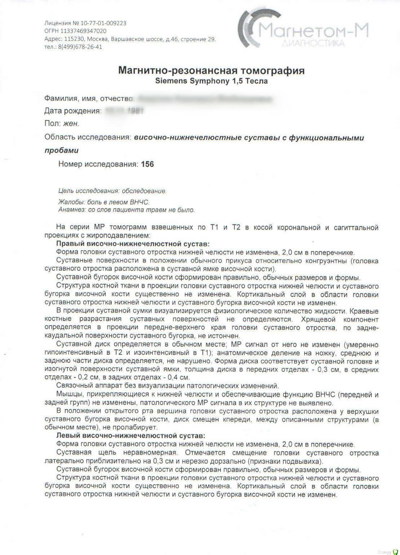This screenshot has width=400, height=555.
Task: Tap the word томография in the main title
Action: point(273,70)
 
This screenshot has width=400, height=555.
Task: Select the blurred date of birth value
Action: point(124,111)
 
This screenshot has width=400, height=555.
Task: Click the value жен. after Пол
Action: point(71,124)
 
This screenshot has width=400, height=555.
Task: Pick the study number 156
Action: point(147,164)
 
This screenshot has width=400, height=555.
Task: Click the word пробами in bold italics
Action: point(62,150)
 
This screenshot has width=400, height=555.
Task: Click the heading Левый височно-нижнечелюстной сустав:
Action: point(131,436)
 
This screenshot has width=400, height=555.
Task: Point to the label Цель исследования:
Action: point(89,191)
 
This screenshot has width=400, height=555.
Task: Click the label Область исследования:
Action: point(87,137)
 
